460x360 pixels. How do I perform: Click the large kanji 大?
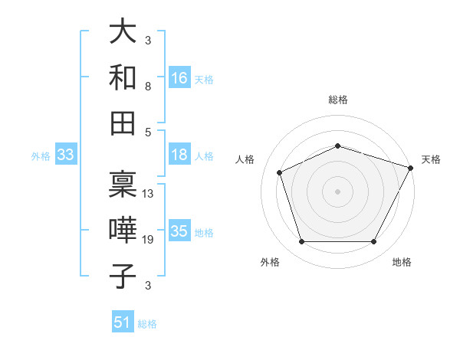pos(123,32)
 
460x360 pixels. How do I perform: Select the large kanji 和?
pos(123,77)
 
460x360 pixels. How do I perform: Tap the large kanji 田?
pos(123,122)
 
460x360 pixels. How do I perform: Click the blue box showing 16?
pos(179,77)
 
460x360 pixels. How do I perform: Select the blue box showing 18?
pos(179,155)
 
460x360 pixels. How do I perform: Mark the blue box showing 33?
pos(66,155)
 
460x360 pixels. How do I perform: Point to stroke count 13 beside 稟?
pos(148,194)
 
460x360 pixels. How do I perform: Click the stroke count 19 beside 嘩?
pos(148,241)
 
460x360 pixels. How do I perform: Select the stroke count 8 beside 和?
pos(147,87)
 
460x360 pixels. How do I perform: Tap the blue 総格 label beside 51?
pos(147,324)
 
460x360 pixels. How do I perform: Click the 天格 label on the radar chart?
pos(431,159)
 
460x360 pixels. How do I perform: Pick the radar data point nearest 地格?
pos(373,242)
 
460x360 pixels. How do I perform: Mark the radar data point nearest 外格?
pos(301,242)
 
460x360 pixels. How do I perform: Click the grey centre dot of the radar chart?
pos(337,191)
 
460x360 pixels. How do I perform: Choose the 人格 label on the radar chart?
pos(245,159)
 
